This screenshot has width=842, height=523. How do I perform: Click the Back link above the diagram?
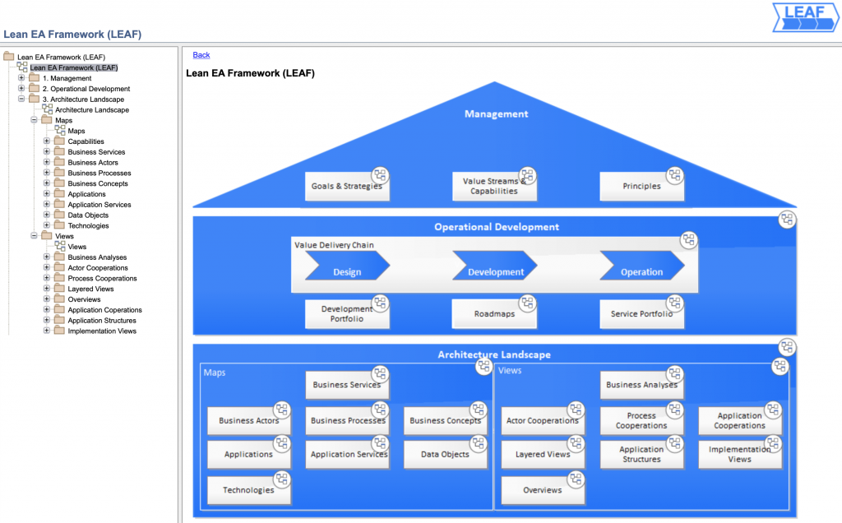pyautogui.click(x=201, y=55)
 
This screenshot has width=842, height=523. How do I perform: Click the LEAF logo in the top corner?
pyautogui.click(x=805, y=17)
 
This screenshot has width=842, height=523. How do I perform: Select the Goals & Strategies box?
pyautogui.click(x=346, y=187)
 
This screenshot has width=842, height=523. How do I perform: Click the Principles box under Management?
pyautogui.click(x=641, y=187)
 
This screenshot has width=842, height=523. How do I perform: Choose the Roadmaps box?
pyautogui.click(x=493, y=314)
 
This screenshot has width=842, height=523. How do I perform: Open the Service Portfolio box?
pyautogui.click(x=641, y=314)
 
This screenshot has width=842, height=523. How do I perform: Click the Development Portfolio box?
pyautogui.click(x=346, y=314)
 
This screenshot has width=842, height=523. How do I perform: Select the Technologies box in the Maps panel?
pyautogui.click(x=248, y=490)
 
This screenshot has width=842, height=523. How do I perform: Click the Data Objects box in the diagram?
pyautogui.click(x=445, y=455)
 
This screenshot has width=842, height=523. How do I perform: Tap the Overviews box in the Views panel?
pyautogui.click(x=543, y=490)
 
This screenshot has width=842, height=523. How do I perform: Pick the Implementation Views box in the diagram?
pyautogui.click(x=739, y=455)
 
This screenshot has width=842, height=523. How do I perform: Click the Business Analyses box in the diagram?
pyautogui.click(x=641, y=385)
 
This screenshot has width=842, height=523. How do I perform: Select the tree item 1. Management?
pyautogui.click(x=67, y=78)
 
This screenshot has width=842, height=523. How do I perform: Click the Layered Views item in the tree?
pyautogui.click(x=90, y=289)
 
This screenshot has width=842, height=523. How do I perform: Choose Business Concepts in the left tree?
pyautogui.click(x=98, y=183)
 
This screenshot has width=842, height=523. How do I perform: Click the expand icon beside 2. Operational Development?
pyautogui.click(x=22, y=88)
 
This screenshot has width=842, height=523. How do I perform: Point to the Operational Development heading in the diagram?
pyautogui.click(x=496, y=227)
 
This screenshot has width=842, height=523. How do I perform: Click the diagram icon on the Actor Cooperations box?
pyautogui.click(x=576, y=410)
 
